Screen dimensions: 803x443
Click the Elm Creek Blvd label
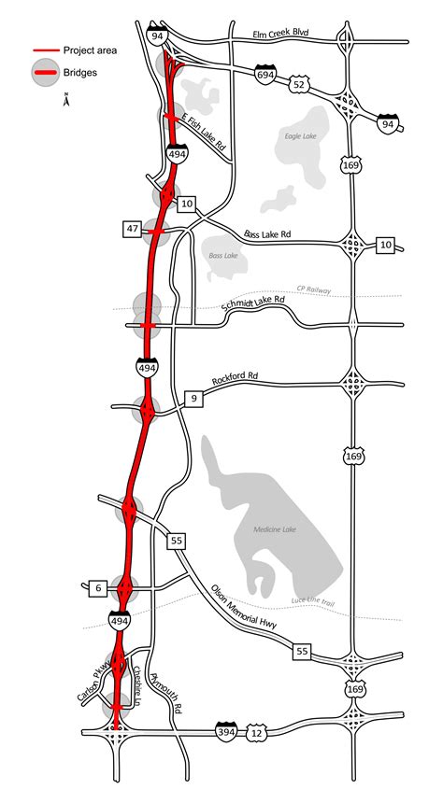tap(280, 35)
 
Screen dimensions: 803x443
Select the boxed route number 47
tap(132, 229)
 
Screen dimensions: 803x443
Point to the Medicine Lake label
tap(276, 529)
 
